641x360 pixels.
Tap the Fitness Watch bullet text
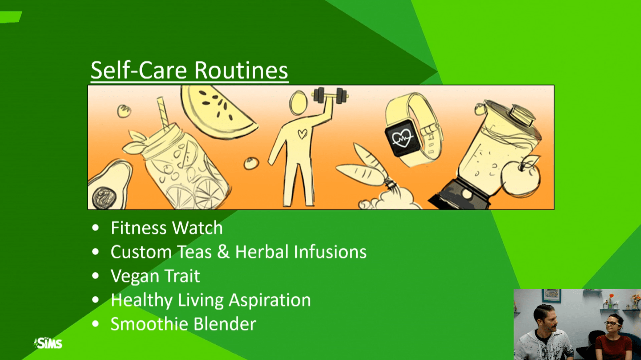[167, 228]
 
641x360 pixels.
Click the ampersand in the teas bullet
[223, 252]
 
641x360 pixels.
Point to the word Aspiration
[270, 300]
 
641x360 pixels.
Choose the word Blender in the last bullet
[225, 324]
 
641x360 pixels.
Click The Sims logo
[48, 343]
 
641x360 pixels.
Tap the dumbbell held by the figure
[330, 96]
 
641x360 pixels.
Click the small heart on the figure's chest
[303, 134]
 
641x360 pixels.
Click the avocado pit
[104, 198]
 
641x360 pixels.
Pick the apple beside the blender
[520, 177]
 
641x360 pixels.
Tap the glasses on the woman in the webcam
[611, 323]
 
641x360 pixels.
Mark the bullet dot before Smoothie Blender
[95, 324]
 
